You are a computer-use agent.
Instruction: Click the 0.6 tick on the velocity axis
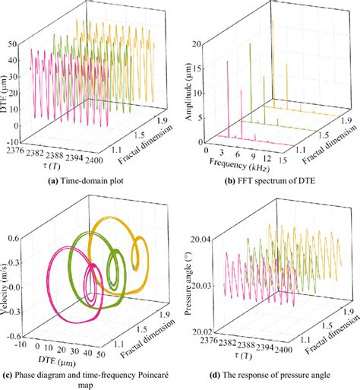(x=21, y=238)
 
